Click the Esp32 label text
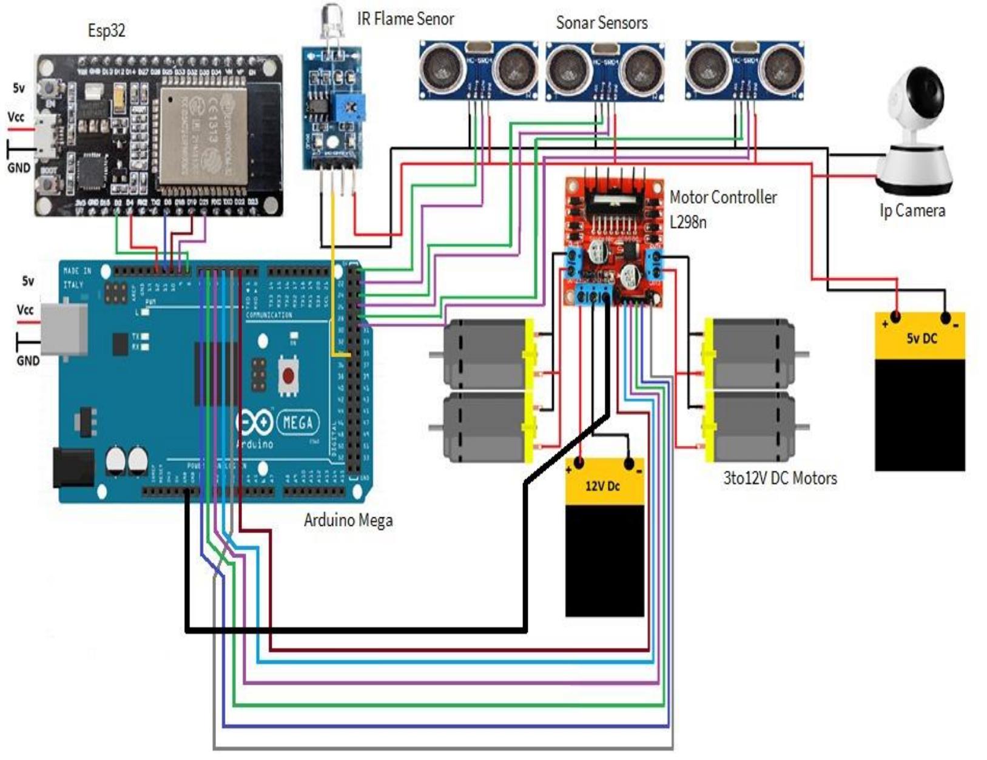coord(107,30)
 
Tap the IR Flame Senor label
coord(405,19)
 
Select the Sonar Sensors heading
coord(601,24)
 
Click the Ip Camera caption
coord(912,211)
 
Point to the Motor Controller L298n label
coord(722,209)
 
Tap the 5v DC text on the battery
coord(921,338)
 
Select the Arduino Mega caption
coord(348,520)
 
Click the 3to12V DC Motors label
coord(780,479)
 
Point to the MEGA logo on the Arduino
coord(297,422)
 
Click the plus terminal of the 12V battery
coord(579,464)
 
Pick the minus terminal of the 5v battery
coord(945,318)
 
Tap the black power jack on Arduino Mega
coord(73,467)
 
